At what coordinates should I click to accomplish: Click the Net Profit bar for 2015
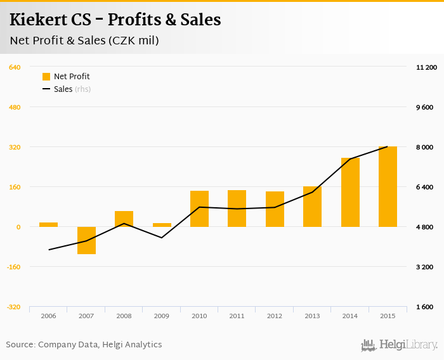[x=388, y=186]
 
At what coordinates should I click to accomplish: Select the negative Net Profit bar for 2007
[x=86, y=240]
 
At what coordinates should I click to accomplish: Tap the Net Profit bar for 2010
[x=199, y=209]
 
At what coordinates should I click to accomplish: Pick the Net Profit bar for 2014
[x=350, y=192]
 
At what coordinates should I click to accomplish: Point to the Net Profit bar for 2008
[x=124, y=219]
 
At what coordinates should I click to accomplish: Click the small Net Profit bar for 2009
[x=162, y=225]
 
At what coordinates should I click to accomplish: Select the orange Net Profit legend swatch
[x=46, y=77]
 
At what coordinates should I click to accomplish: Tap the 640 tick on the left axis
[x=15, y=67]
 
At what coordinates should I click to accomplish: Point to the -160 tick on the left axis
[x=13, y=267]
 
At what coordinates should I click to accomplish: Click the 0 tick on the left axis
[x=18, y=227]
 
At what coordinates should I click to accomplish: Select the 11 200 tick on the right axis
[x=426, y=67]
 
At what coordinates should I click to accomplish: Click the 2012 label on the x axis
[x=275, y=316]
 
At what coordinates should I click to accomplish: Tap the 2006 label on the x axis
[x=48, y=316]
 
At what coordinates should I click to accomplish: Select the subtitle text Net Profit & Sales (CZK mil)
[x=84, y=41]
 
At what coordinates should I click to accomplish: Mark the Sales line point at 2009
[x=162, y=238]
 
